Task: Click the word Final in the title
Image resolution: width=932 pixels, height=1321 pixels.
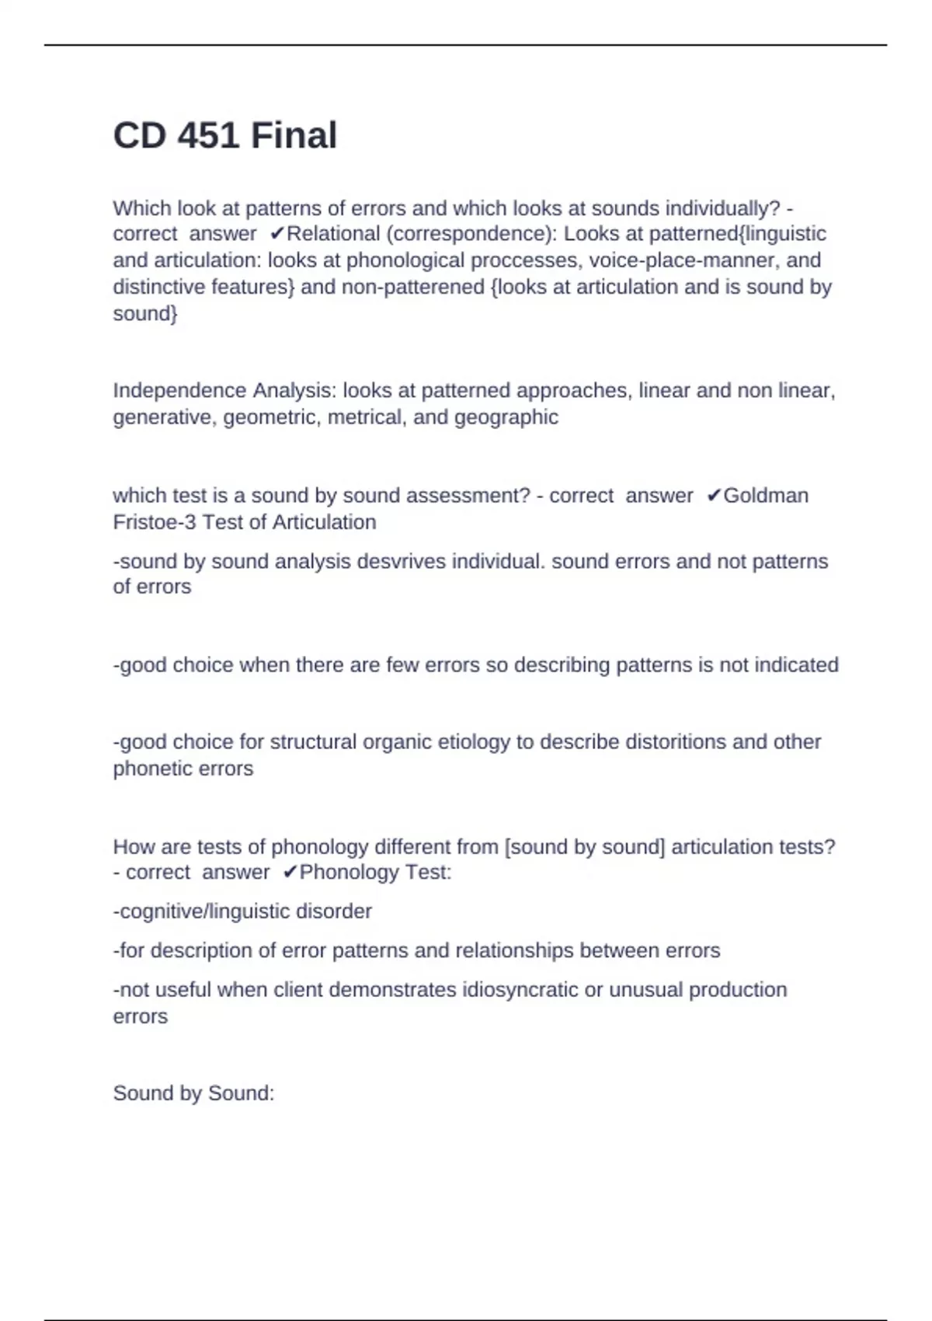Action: pos(294,136)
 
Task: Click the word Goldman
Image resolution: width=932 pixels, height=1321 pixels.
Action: pos(766,496)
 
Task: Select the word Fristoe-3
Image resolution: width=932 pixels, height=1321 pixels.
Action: pos(155,522)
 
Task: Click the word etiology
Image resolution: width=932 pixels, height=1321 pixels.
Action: pos(474,742)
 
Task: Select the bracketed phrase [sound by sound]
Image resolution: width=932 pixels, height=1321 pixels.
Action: pos(585,847)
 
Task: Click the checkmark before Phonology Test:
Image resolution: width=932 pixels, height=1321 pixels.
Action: pos(290,873)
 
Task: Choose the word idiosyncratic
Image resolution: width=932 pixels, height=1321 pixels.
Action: pos(520,990)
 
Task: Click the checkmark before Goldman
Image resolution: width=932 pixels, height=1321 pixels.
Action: pos(714,496)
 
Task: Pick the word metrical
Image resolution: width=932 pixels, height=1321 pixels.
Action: pos(363,417)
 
